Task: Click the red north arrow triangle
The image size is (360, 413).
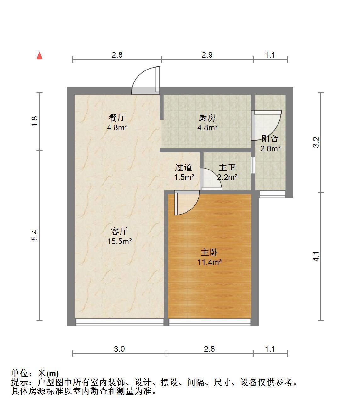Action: [x=39, y=56]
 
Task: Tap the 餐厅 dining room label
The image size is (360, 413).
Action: [x=117, y=118]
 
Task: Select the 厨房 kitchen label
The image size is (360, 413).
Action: [x=207, y=118]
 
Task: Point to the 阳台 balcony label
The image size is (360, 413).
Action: [x=270, y=139]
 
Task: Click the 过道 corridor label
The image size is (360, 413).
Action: [x=183, y=167]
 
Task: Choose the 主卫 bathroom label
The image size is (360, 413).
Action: [x=227, y=167]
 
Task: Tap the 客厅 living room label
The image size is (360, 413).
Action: [x=119, y=231]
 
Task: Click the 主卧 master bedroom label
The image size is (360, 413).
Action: [x=209, y=253]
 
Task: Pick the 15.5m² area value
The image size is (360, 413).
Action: [x=119, y=241]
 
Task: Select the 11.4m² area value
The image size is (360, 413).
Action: [x=209, y=262]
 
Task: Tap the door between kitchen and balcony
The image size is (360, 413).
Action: [x=266, y=125]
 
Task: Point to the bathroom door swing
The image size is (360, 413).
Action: [x=211, y=179]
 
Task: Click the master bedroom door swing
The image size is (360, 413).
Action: [x=187, y=203]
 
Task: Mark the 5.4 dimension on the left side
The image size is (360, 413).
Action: [x=35, y=235]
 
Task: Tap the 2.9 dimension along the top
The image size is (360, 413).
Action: [x=207, y=55]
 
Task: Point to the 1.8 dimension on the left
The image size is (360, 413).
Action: [x=35, y=121]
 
